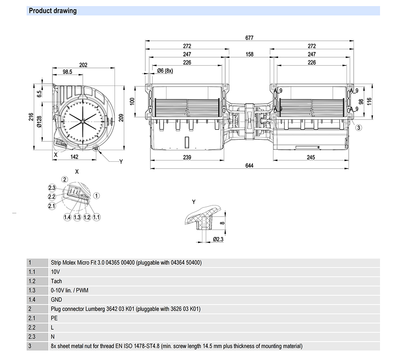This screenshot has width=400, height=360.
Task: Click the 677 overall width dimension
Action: point(249,38)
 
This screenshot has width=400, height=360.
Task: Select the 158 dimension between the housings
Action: point(249,54)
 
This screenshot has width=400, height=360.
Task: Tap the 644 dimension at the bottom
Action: point(249,165)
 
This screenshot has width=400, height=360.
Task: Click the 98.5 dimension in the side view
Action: point(67,72)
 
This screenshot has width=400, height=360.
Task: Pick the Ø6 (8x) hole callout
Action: point(164,71)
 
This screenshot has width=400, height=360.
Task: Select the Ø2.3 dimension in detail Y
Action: point(218,239)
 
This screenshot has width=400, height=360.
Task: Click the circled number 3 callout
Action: point(359,127)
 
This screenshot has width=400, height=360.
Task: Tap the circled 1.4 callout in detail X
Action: point(67,217)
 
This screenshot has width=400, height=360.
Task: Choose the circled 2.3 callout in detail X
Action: point(52,188)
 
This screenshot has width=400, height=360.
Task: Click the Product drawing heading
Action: point(53,11)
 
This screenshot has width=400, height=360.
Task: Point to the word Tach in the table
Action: point(56,281)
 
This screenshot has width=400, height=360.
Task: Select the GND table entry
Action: point(57,299)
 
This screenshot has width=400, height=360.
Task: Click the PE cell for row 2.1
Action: point(54,318)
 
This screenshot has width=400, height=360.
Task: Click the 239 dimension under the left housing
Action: point(187,157)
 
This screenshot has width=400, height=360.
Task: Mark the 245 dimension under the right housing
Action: point(311,157)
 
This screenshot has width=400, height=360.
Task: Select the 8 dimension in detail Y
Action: point(223,223)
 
